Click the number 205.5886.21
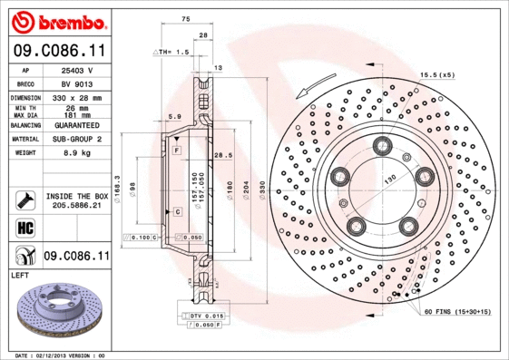76,206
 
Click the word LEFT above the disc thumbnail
20,274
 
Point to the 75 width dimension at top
185,19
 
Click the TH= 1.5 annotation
173,53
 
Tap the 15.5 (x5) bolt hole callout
436,74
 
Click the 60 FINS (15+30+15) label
456,311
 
